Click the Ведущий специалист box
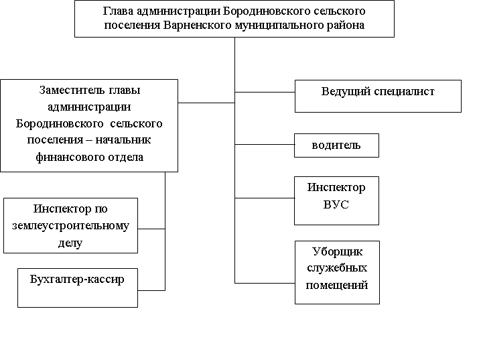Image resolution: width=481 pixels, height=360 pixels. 378,96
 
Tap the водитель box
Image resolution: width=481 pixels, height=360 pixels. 336,145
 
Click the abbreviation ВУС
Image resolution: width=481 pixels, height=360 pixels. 336,204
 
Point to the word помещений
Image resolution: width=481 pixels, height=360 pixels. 337,285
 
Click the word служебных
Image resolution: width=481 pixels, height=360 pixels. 337,268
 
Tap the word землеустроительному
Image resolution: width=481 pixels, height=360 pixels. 70,225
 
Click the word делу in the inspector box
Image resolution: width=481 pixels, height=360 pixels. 70,242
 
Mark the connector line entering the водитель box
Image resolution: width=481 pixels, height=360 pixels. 265,145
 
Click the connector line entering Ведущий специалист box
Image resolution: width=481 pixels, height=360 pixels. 265,91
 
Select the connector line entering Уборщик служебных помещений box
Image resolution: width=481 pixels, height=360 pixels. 265,282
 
